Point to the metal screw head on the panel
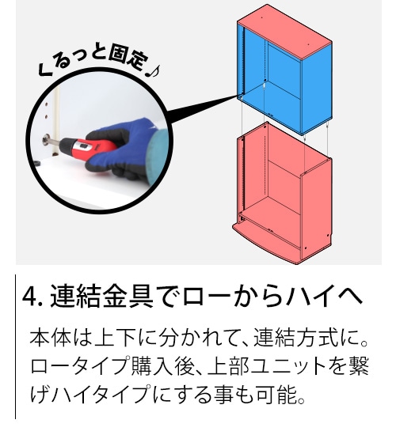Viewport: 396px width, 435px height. (47, 139)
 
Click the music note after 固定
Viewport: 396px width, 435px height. (152, 71)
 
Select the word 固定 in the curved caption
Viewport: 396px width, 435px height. (127, 60)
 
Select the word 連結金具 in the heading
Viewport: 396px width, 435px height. (101, 297)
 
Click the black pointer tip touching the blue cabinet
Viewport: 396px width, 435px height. (238, 96)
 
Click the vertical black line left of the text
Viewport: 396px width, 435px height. (16, 346)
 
